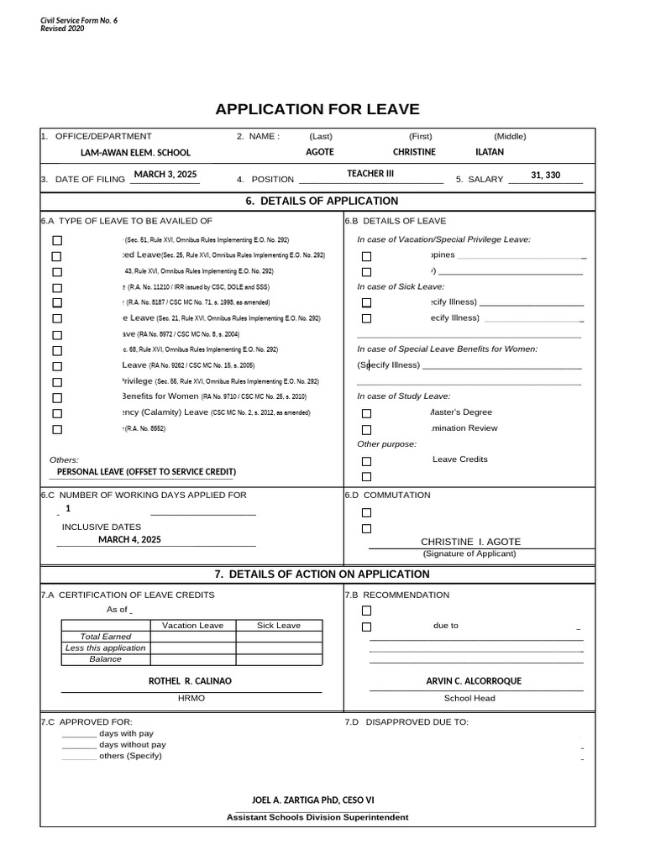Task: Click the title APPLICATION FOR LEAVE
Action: tap(317, 109)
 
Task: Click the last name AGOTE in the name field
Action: tap(319, 152)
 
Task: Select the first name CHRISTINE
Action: tap(414, 152)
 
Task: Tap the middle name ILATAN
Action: tap(490, 152)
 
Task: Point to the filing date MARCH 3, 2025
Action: tap(165, 174)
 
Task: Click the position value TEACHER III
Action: tap(370, 174)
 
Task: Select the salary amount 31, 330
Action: tap(545, 175)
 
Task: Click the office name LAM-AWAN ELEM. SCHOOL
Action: tap(135, 153)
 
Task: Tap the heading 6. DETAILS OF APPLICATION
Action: tap(322, 201)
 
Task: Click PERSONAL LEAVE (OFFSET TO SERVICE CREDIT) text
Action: tap(146, 472)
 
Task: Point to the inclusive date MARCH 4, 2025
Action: tap(129, 539)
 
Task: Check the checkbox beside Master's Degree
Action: tap(366, 413)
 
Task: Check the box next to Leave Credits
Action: tap(366, 461)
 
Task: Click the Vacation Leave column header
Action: tap(192, 625)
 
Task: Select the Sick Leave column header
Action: tap(278, 625)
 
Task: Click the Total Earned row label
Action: tap(106, 637)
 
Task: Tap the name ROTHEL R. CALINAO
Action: tap(190, 681)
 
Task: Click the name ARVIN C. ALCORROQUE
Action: tap(474, 681)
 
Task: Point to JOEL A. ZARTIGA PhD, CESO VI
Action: tap(313, 800)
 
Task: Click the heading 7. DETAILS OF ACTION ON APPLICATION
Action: tap(322, 574)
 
